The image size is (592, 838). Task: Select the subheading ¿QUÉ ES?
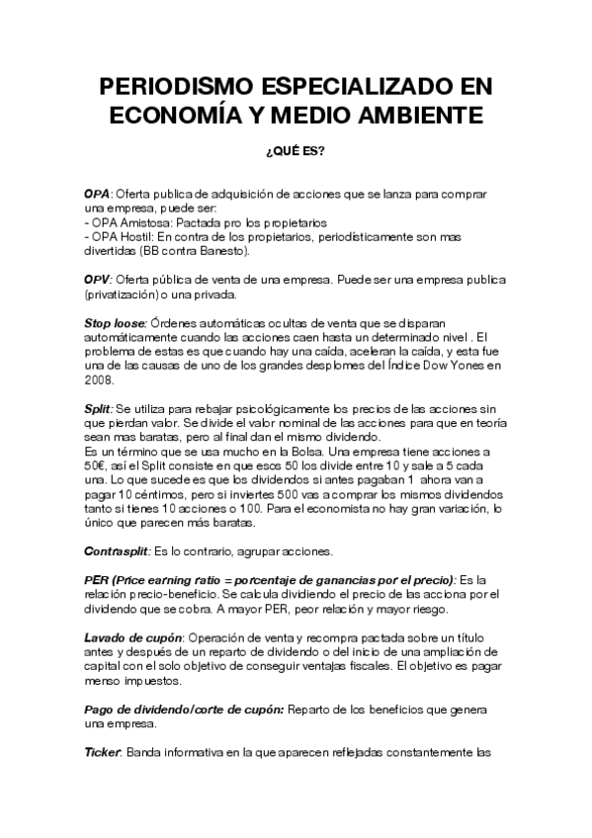pos(296,152)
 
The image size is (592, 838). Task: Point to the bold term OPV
pos(98,281)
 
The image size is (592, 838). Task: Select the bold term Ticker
pos(103,751)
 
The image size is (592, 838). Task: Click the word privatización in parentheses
pos(124,294)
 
